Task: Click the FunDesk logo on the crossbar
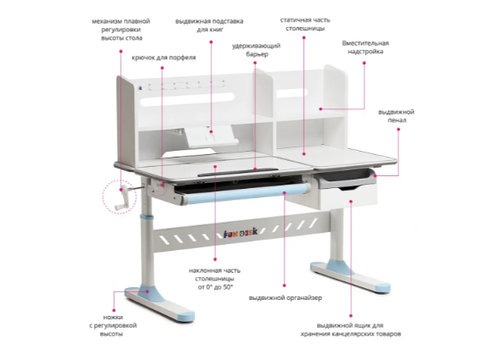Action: click(x=240, y=234)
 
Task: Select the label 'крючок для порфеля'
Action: click(x=163, y=58)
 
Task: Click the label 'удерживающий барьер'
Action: click(x=256, y=50)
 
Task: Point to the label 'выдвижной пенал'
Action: click(x=396, y=116)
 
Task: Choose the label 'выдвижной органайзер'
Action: click(x=285, y=297)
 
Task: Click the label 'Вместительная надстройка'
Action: click(x=365, y=47)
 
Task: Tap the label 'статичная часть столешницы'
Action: click(x=305, y=25)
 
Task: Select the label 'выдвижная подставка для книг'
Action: click(x=209, y=25)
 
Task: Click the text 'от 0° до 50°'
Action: click(x=215, y=287)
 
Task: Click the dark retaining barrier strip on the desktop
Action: click(x=238, y=172)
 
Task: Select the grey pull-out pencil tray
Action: click(x=346, y=179)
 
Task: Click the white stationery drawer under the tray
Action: click(x=348, y=198)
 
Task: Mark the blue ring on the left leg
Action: click(x=147, y=218)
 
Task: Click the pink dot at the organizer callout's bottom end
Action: click(x=285, y=285)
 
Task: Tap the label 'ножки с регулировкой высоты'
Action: click(x=113, y=325)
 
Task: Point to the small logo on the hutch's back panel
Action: click(x=140, y=88)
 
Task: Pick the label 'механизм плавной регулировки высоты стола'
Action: click(x=121, y=30)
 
